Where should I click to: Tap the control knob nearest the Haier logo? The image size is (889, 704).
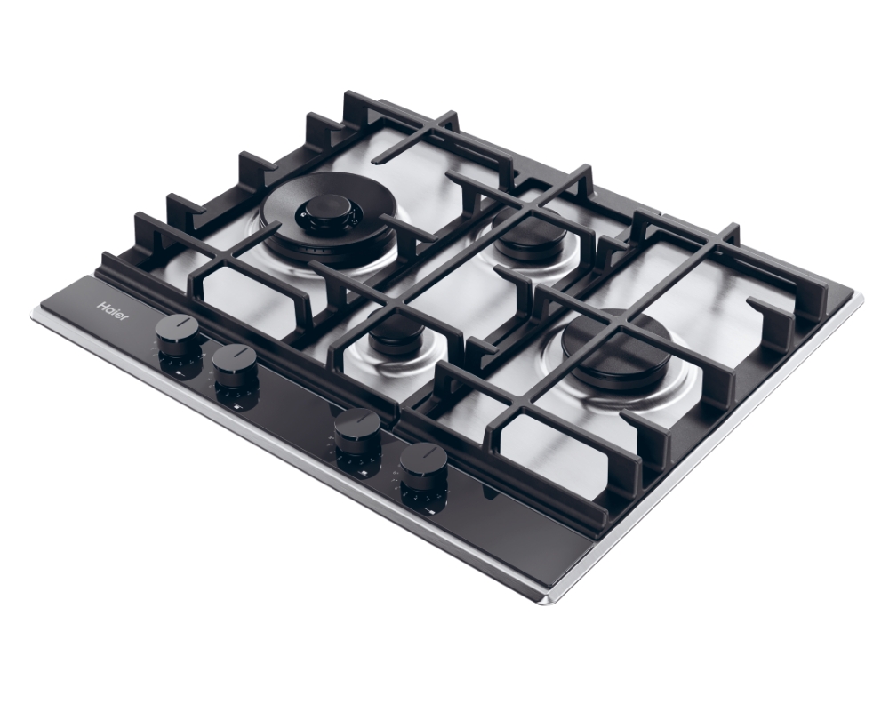178,334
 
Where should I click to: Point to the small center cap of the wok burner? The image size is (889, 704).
324,213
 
